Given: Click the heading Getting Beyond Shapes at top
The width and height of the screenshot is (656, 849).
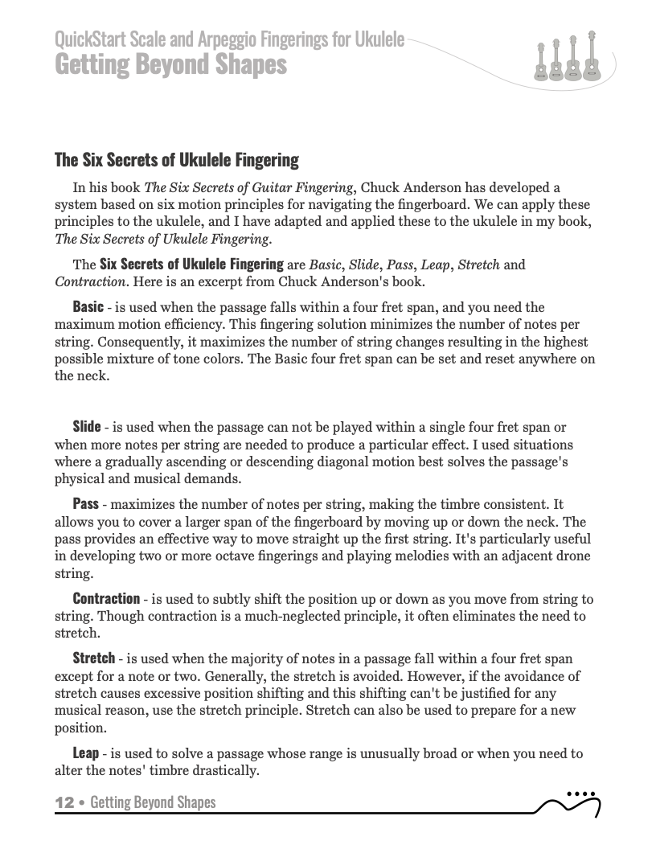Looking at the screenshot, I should (x=170, y=64).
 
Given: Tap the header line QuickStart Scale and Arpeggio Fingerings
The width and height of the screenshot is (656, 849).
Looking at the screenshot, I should (x=229, y=39).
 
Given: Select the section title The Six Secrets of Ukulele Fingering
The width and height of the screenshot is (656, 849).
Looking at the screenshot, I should (x=176, y=160).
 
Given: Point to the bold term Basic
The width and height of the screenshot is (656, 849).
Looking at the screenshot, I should (x=88, y=306).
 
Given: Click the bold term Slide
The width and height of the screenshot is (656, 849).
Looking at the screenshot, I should (x=87, y=426).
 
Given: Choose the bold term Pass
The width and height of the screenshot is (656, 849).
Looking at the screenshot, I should (x=85, y=504).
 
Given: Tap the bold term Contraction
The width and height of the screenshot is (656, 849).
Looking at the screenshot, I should (x=106, y=599).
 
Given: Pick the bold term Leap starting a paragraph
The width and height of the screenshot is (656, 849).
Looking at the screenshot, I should (x=86, y=753).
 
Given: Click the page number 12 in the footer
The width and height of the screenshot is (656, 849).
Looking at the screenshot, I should (x=64, y=802).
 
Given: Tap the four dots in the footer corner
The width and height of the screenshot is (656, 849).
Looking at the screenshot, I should (x=580, y=794).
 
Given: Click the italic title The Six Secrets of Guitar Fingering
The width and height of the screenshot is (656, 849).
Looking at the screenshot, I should (x=248, y=188).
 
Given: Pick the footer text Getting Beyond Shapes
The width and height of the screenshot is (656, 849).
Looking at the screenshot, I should (x=153, y=802).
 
